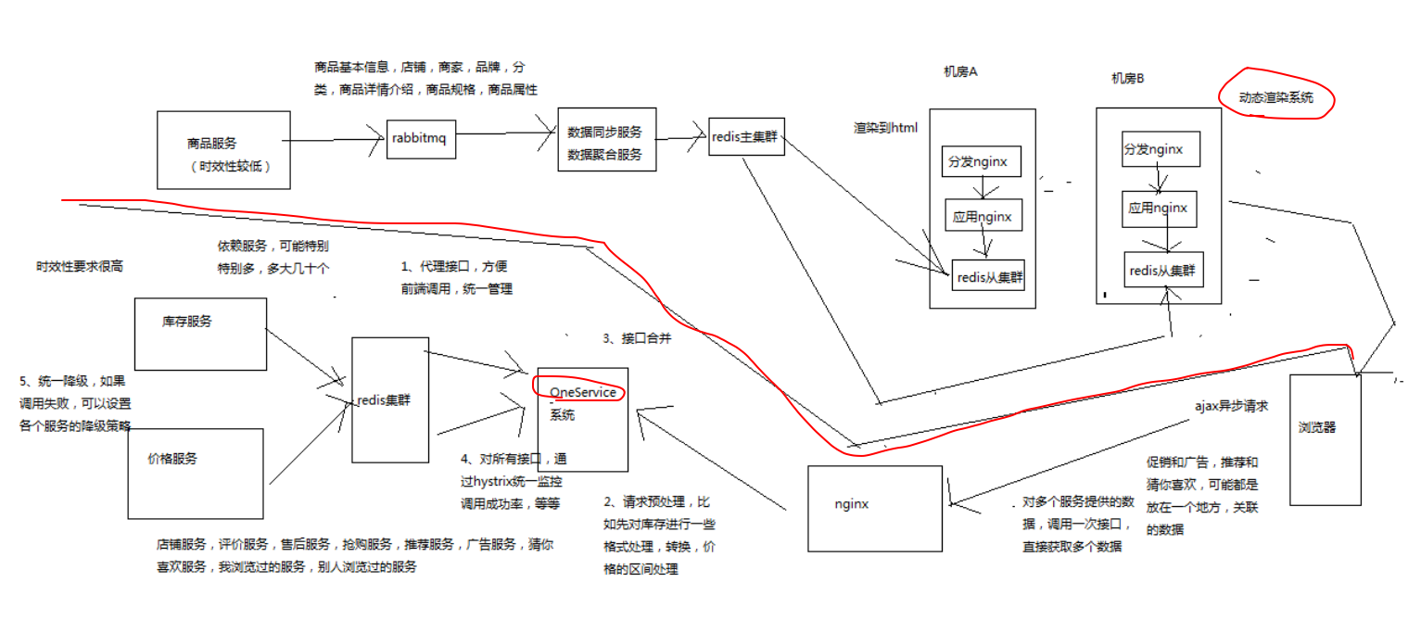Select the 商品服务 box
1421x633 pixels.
click(x=223, y=150)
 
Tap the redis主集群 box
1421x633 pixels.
click(x=746, y=136)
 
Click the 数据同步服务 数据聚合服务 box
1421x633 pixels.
click(x=606, y=139)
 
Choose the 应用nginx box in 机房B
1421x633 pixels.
click(x=1159, y=208)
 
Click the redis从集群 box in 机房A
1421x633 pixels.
click(x=988, y=275)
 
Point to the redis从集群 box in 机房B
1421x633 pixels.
click(x=1162, y=272)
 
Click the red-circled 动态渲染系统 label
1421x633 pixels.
click(x=1275, y=97)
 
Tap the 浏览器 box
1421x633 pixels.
click(x=1325, y=439)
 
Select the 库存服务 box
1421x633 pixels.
click(x=200, y=334)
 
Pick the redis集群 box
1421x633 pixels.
click(x=389, y=399)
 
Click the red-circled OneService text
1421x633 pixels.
click(x=582, y=392)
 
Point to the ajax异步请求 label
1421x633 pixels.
click(x=1231, y=406)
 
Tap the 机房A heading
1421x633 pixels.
click(x=960, y=72)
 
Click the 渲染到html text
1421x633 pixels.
click(x=885, y=128)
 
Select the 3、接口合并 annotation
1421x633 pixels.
click(x=637, y=338)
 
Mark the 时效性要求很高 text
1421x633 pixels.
click(x=79, y=266)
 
